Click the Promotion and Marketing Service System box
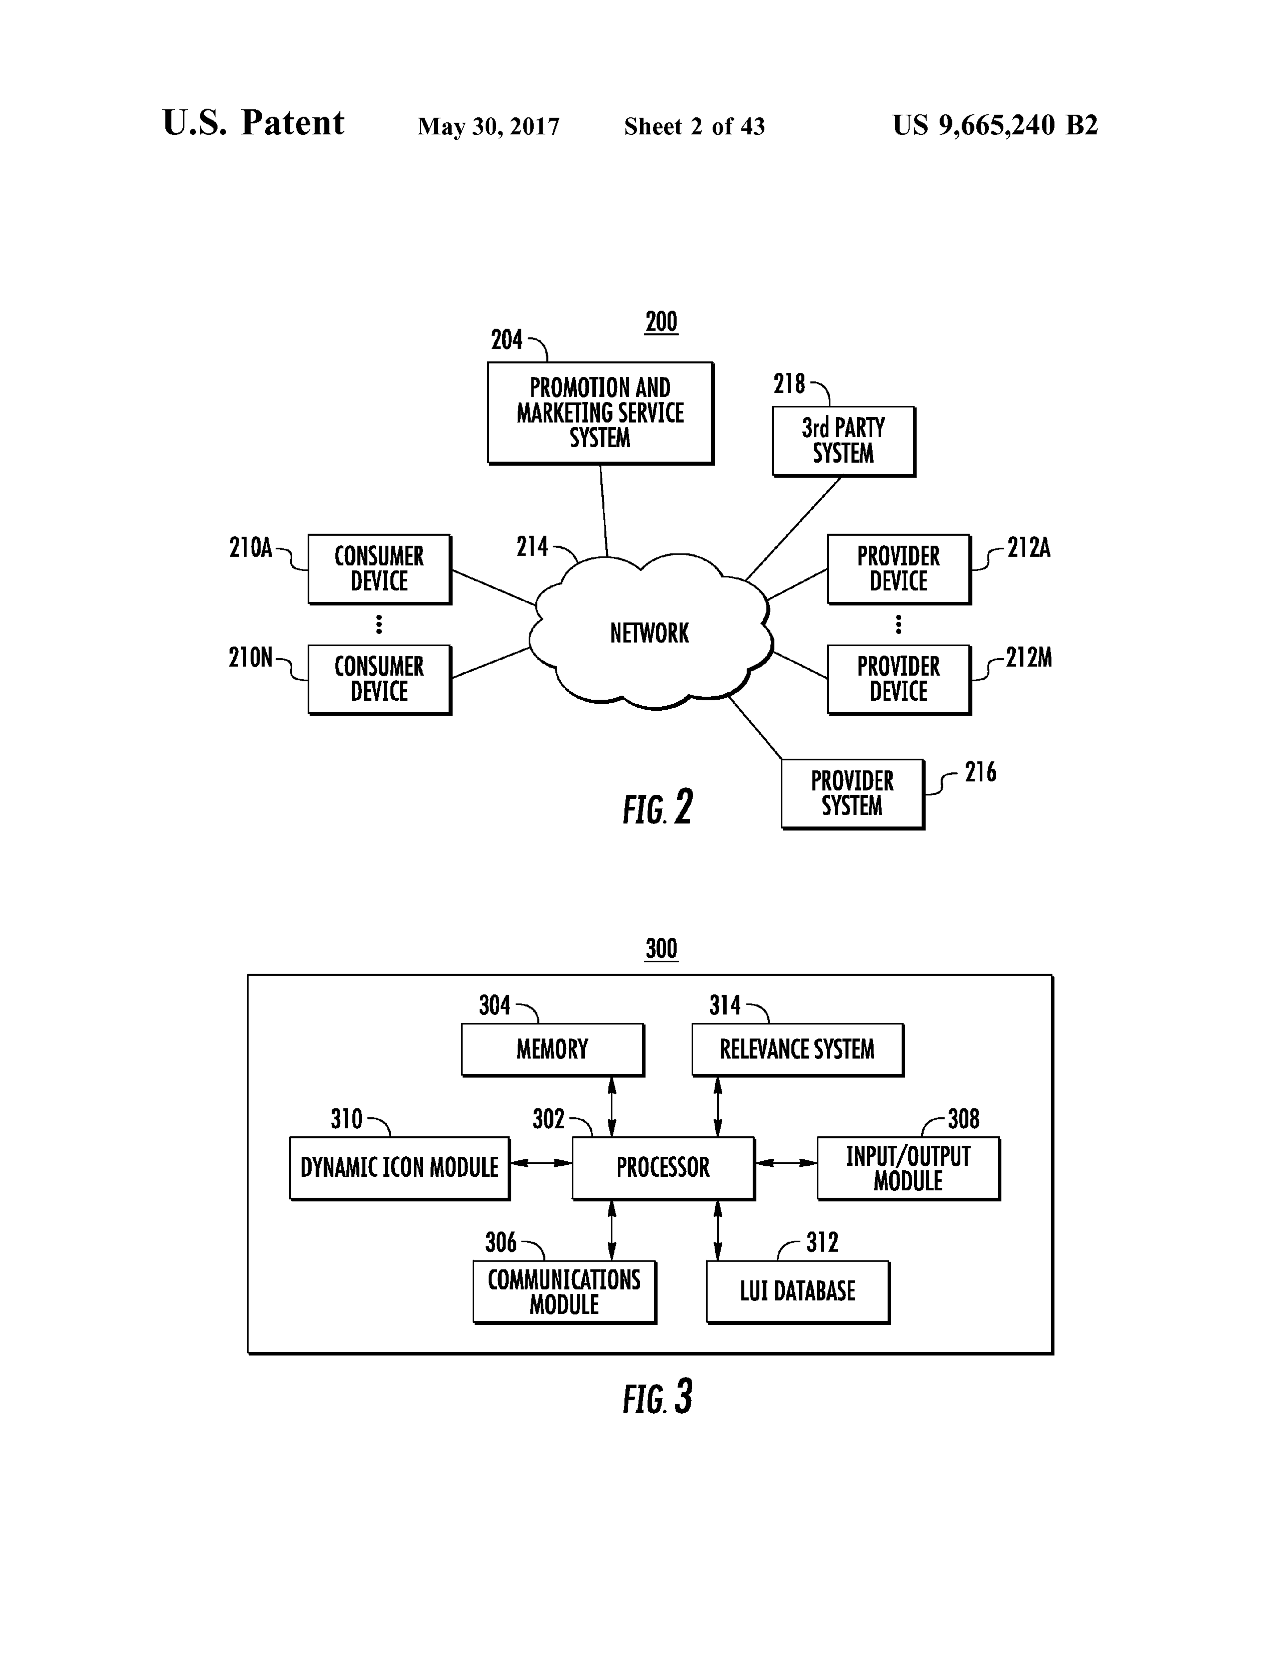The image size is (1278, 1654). coord(600,413)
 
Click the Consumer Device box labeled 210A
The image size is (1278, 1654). coord(379,569)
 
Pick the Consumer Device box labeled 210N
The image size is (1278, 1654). coord(379,679)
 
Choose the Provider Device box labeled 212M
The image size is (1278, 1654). coord(899,679)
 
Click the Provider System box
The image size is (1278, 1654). coord(853,794)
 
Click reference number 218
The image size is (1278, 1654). coord(789,384)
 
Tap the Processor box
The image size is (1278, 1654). coord(663,1168)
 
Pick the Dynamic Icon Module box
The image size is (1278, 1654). coord(400,1168)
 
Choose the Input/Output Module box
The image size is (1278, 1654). coord(909,1168)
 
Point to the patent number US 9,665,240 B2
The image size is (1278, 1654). coord(995,125)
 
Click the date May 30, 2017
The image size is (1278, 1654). coord(488,126)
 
